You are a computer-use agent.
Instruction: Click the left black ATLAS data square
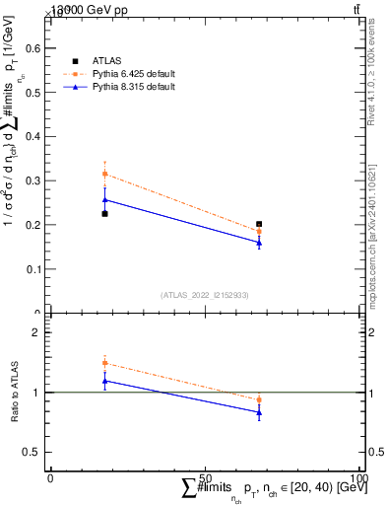[105, 213]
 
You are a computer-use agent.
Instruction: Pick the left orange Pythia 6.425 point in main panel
[105, 174]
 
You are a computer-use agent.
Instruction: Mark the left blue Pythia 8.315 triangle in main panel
[105, 199]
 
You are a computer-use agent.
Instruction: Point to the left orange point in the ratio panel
[105, 363]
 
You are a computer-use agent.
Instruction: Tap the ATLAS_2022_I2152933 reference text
[205, 295]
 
